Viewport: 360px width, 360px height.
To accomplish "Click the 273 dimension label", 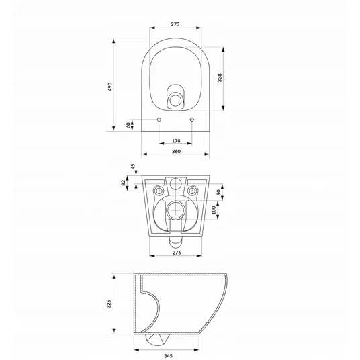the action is coord(175,24).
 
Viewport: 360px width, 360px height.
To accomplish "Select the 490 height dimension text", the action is coord(110,87).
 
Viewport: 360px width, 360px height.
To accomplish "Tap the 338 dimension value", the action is coord(220,78).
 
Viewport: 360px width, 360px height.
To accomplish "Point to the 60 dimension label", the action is coord(128,125).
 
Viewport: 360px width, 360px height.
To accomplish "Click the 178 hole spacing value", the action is coord(176,141).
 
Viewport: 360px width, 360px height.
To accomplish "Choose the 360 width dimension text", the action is coord(176,152).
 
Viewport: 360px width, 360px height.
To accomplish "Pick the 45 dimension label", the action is coord(133,167).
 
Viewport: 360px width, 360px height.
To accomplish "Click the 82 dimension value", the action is coord(124,183).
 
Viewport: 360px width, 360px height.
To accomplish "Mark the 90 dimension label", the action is coord(219,192).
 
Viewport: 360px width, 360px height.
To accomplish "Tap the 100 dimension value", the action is coord(214,210).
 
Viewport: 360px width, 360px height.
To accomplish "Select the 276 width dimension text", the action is coord(177,253).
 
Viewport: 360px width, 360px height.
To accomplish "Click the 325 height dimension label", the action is coord(109,304).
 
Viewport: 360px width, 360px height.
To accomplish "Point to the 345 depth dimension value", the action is coord(168,356).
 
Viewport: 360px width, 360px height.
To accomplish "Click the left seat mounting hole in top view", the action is coord(159,120).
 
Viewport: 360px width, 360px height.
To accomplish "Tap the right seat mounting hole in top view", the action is coord(191,120).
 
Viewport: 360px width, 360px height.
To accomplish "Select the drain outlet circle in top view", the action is coord(175,100).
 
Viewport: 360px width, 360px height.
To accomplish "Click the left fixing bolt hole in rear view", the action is coord(159,191).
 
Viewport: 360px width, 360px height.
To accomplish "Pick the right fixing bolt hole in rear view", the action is coord(192,191).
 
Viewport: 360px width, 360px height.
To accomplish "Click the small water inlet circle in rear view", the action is coord(176,183).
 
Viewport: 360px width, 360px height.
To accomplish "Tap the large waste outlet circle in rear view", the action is coord(176,210).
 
